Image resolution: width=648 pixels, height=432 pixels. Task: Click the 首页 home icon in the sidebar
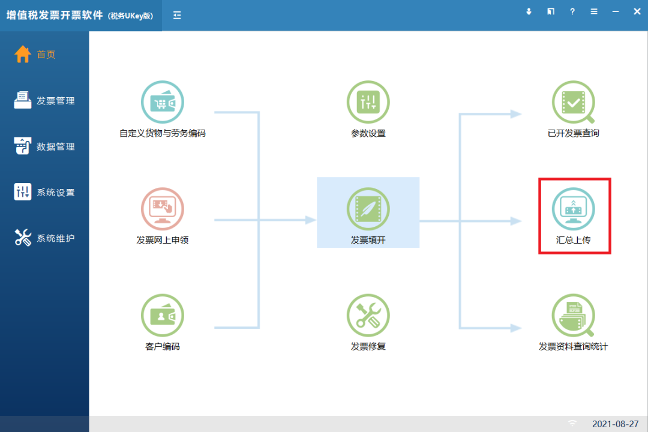coord(23,54)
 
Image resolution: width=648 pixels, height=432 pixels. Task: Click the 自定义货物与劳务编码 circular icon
coord(163,102)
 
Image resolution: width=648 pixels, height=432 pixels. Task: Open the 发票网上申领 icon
coord(163,209)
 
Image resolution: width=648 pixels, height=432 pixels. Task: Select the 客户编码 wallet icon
coord(163,316)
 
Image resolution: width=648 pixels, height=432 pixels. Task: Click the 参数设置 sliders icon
coord(368,102)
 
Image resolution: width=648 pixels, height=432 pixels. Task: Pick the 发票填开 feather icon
coord(368,209)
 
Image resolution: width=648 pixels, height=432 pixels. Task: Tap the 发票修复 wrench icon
coord(368,316)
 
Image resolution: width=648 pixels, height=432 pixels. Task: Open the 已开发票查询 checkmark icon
coord(573,102)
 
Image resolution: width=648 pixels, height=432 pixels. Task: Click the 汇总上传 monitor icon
coord(573,209)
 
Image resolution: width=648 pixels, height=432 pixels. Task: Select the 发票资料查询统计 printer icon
coord(573,316)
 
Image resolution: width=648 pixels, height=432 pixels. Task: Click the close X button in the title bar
coord(637,11)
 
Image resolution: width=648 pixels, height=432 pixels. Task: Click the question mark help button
coord(572,11)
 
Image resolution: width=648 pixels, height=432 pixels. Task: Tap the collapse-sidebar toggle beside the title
coord(177,15)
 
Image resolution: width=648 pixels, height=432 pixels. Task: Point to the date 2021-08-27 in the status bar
coord(616,424)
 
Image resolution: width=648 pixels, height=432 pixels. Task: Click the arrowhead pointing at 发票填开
coord(311,220)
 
